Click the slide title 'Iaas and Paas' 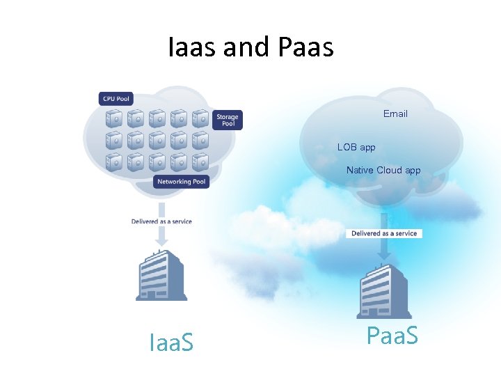[x=250, y=47]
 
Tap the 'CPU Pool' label [x=116, y=99]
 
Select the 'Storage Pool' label [x=228, y=120]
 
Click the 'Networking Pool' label [x=182, y=182]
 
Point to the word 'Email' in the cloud [x=395, y=113]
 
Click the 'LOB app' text [x=356, y=147]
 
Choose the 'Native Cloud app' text [x=383, y=170]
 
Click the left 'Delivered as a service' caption [x=161, y=221]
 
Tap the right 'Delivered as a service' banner [x=384, y=233]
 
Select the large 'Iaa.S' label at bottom [x=171, y=342]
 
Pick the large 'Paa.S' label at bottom [x=392, y=336]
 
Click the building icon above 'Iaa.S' [x=161, y=276]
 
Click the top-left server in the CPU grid [x=115, y=117]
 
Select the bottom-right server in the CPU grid [x=200, y=162]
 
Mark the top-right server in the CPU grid [x=200, y=117]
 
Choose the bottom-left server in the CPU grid [x=115, y=162]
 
